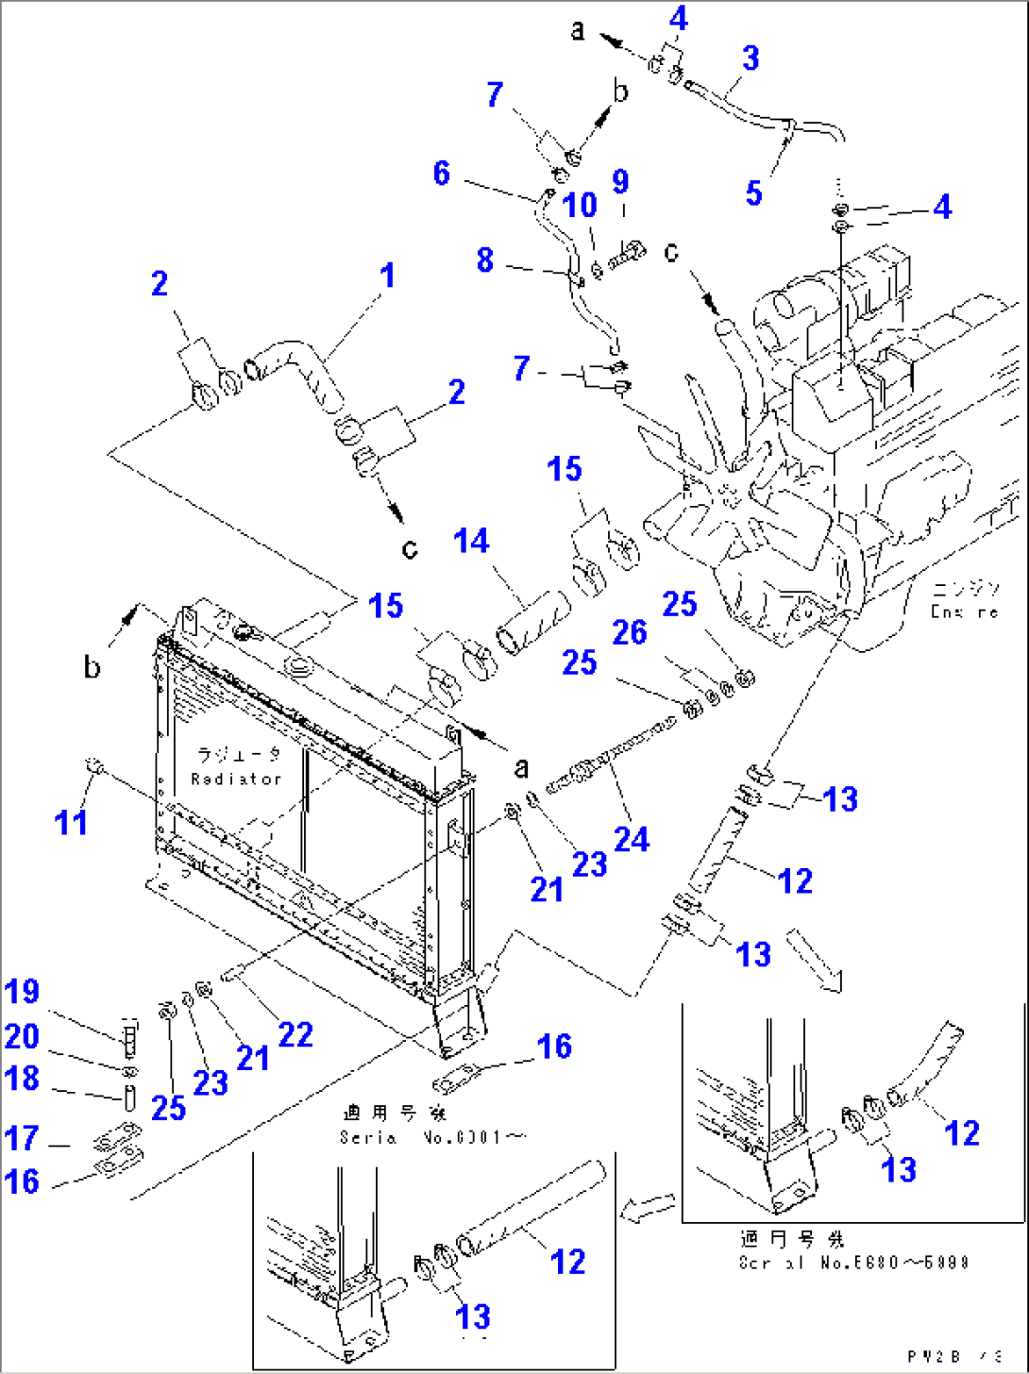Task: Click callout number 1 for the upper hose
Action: tap(387, 276)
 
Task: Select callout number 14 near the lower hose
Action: tap(471, 541)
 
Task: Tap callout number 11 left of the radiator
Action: tap(71, 822)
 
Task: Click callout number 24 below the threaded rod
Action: tap(632, 838)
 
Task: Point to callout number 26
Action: tap(630, 631)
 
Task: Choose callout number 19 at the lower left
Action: tap(22, 992)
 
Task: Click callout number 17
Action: tap(22, 1138)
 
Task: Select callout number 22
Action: tap(295, 1034)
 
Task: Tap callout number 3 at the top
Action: tap(751, 58)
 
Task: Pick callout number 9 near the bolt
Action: tap(620, 181)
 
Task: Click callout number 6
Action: tap(442, 173)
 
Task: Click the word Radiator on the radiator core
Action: tap(236, 779)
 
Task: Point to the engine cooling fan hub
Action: tap(725, 491)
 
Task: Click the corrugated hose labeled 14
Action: tap(534, 623)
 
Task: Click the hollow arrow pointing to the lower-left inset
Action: tap(649, 1207)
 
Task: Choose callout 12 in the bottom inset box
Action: tap(567, 1261)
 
